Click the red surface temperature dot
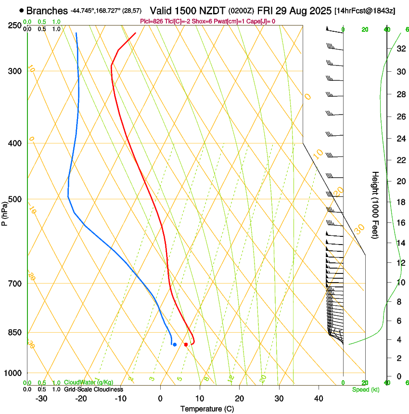point(186,344)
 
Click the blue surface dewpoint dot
point(175,344)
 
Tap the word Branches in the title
point(47,11)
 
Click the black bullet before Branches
point(22,10)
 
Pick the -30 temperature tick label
point(41,399)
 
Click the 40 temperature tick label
point(318,399)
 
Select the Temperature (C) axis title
point(207,409)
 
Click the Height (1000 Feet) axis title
point(375,205)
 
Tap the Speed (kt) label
point(365,389)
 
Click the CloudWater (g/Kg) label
point(89,383)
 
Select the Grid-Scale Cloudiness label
point(93,389)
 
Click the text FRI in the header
point(267,11)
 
